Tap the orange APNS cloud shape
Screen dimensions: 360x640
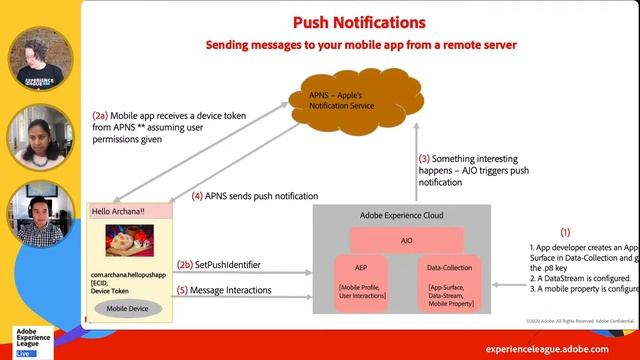point(346,100)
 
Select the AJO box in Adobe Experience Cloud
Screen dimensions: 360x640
point(406,240)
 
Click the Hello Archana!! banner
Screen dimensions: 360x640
point(131,213)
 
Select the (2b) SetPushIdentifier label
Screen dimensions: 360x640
point(219,265)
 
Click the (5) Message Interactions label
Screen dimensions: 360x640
point(226,290)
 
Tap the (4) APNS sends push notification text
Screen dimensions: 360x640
point(254,196)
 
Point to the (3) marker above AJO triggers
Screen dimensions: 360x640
point(424,158)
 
